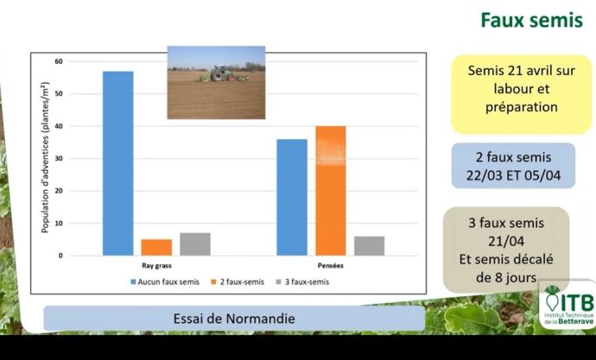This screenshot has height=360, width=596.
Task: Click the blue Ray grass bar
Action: click(117, 163)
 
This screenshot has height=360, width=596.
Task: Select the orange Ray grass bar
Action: click(156, 247)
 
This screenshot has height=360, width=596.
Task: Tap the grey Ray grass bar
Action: click(195, 244)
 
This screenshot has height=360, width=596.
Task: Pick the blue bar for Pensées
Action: click(292, 198)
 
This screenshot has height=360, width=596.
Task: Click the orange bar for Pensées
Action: click(331, 191)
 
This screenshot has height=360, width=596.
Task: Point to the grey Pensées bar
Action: click(369, 246)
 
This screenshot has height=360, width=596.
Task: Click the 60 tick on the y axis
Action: click(59, 61)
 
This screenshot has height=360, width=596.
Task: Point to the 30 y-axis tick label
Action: click(59, 159)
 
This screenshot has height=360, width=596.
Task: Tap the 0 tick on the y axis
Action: click(60, 256)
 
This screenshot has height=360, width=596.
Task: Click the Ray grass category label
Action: click(156, 266)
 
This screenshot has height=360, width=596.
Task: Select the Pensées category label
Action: click(330, 266)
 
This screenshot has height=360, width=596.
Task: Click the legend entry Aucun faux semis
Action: click(165, 281)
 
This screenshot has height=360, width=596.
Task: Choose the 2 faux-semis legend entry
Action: click(238, 281)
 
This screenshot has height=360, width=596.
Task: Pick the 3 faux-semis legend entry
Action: click(302, 281)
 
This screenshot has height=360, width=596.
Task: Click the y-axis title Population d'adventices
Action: click(45, 157)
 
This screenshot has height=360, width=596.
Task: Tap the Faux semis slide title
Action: click(531, 20)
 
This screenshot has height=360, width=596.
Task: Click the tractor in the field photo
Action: click(222, 73)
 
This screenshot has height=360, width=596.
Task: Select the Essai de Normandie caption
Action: click(234, 319)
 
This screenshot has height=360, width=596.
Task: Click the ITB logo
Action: click(567, 305)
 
